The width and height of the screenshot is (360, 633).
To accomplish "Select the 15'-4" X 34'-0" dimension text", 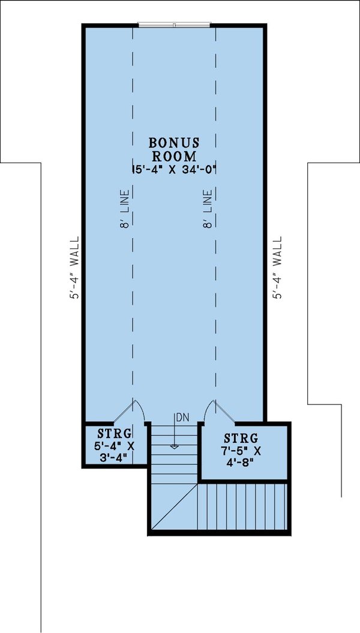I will [173, 170].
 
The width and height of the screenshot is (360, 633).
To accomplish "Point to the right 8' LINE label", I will [208, 210].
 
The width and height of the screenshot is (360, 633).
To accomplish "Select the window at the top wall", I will [174, 25].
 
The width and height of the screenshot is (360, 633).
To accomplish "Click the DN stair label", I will [181, 417].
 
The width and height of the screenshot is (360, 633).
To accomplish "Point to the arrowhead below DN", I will [174, 446].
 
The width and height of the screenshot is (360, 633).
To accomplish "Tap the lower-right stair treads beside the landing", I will [243, 507].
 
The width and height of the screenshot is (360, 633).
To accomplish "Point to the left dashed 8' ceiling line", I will [133, 300].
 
